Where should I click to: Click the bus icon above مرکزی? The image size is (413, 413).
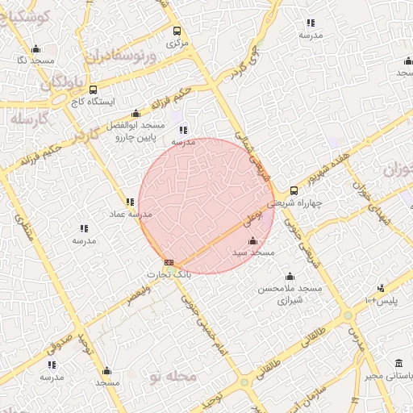[x=177, y=31]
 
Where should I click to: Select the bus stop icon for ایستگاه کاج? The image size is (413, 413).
[x=93, y=90]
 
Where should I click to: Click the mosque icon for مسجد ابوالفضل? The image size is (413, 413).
[x=136, y=113]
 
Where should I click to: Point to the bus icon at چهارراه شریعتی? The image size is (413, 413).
[x=293, y=191]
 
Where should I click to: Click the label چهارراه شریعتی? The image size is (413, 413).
[x=302, y=204]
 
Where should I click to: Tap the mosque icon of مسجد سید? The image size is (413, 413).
[x=252, y=240]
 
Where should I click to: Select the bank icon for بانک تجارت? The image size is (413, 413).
[x=169, y=262]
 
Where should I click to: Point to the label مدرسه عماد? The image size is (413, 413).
[x=131, y=215]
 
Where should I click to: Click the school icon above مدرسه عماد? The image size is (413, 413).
[x=130, y=202]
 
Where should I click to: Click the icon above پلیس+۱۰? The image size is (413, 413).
[x=381, y=289]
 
